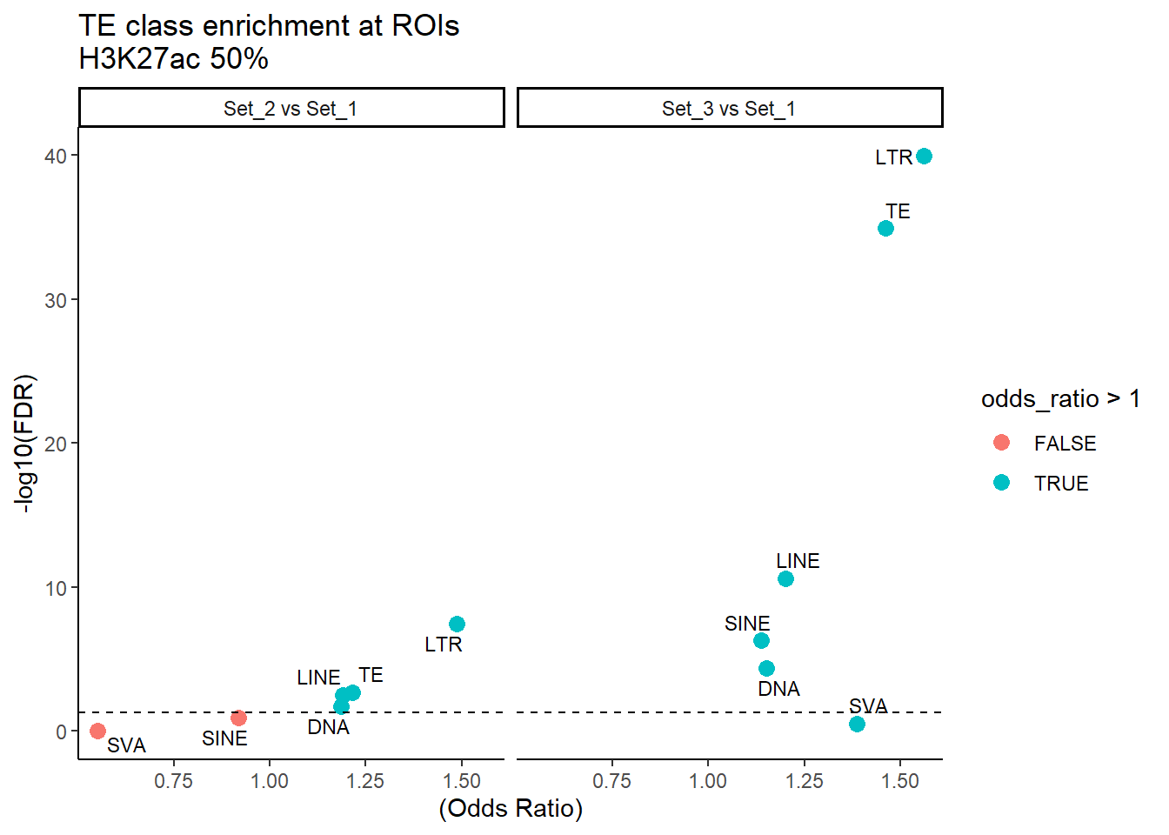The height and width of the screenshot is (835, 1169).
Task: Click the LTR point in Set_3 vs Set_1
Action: [x=924, y=157]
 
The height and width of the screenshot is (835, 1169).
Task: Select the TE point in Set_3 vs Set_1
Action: [x=885, y=229]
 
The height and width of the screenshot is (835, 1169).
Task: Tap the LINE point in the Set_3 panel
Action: [x=785, y=579]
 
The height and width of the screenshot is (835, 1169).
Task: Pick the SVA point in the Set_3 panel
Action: [x=857, y=724]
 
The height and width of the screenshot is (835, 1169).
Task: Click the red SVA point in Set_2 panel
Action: [x=97, y=731]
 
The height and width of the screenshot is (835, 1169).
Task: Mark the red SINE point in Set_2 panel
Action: [x=238, y=718]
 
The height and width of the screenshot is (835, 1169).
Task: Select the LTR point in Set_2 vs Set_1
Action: [x=457, y=625]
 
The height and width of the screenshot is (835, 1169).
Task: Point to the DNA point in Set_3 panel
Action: [x=766, y=669]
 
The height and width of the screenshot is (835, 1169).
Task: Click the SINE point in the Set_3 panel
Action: [x=761, y=641]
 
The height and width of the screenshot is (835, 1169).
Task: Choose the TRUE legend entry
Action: [x=1060, y=484]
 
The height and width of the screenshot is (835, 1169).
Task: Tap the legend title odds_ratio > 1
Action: [x=1060, y=399]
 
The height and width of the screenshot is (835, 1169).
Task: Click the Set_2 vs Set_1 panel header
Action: [x=291, y=109]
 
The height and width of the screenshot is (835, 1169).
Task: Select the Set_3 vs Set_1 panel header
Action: [x=729, y=109]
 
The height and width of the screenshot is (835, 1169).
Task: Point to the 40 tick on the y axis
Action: [x=56, y=157]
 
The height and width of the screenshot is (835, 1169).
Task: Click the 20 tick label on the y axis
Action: [x=56, y=444]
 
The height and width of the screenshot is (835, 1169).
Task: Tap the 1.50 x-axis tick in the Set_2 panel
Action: [x=462, y=781]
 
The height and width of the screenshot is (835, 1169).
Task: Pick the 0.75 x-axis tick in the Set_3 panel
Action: [x=611, y=781]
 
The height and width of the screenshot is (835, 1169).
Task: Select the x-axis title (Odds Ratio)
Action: [x=511, y=809]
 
